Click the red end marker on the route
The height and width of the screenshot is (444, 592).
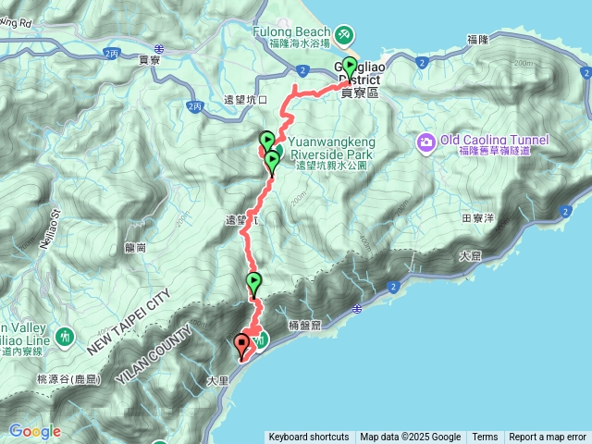tap(242, 345)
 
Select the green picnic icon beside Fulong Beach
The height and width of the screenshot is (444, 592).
tap(344, 34)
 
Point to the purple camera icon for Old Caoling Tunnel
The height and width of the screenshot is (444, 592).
tap(425, 142)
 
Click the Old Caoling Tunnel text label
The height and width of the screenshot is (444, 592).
tap(494, 140)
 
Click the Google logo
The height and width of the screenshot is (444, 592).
tap(34, 431)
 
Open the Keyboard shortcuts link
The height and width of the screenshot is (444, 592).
tap(308, 438)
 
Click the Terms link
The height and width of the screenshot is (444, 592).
tap(485, 438)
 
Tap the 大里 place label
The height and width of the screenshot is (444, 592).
tap(216, 379)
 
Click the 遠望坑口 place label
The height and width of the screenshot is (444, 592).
tap(244, 100)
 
